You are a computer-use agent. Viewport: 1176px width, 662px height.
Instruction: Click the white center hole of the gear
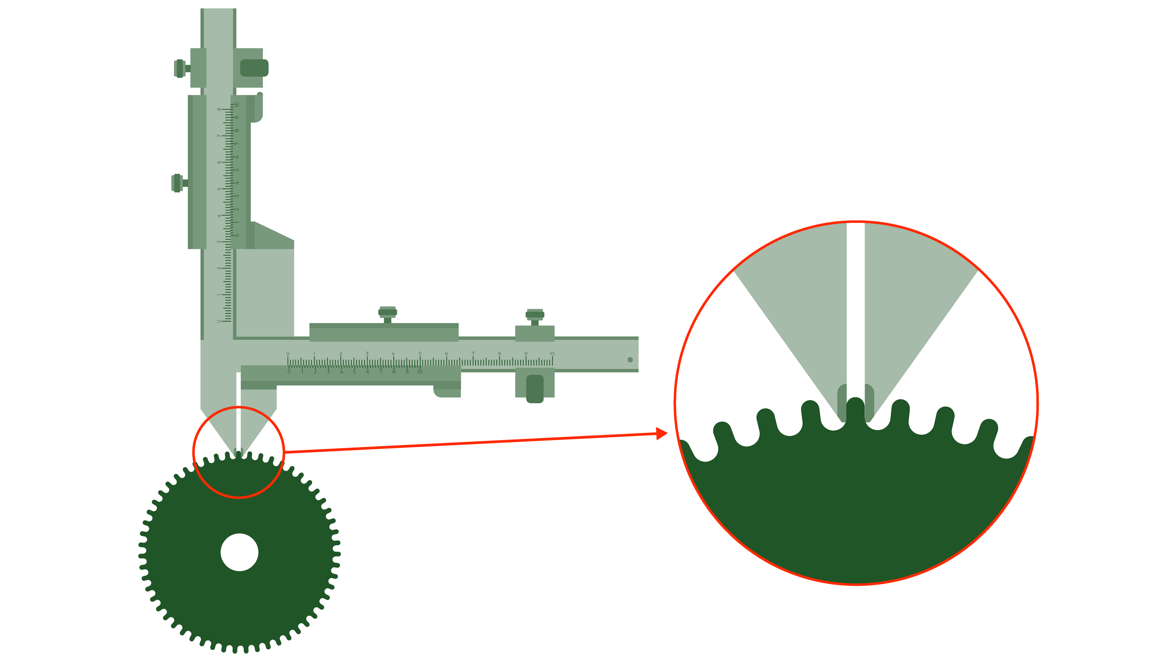239,552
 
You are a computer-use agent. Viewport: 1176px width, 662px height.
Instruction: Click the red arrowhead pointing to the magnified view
661,434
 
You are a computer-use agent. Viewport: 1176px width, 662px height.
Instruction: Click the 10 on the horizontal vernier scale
420,372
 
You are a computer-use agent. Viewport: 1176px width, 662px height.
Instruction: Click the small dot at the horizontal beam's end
630,360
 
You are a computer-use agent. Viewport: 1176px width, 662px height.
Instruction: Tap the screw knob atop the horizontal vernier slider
388,313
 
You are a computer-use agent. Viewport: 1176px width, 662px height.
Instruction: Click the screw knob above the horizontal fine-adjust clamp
535,315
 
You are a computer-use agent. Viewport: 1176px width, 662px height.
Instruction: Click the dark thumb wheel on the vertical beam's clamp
254,68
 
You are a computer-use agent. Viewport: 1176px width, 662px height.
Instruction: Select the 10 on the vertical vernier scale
237,104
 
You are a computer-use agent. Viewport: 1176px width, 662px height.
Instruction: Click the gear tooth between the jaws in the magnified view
856,411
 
